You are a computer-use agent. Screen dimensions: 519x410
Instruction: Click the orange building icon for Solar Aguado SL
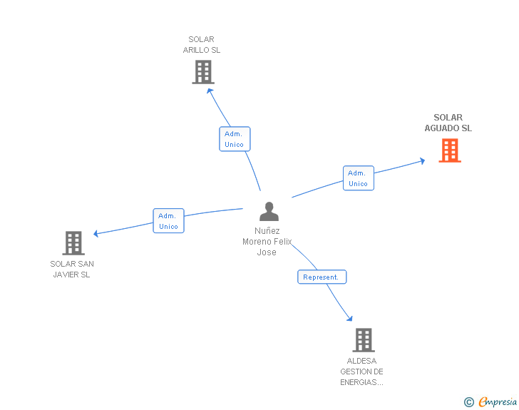point(450,150)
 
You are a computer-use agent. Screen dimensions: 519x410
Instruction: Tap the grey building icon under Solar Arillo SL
point(203,72)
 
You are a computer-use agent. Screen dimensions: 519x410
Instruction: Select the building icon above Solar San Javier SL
point(73,242)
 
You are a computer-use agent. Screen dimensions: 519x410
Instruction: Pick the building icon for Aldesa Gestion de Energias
point(364,340)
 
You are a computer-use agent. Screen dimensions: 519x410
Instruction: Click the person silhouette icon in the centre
point(269,211)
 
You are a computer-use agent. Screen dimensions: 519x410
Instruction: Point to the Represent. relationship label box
point(322,277)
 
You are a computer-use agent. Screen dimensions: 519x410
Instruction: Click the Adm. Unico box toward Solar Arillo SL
point(235,139)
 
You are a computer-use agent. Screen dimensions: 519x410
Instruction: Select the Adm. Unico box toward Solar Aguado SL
point(359,178)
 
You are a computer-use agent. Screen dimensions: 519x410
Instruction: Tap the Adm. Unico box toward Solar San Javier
point(168,220)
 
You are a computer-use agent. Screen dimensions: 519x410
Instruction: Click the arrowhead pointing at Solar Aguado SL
point(422,161)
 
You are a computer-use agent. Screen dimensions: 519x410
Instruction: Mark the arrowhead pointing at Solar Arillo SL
point(210,91)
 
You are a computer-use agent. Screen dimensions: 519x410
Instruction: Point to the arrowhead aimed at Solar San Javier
point(96,233)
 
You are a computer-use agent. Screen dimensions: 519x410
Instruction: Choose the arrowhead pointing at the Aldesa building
point(350,319)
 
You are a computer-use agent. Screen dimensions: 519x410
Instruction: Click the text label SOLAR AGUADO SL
point(448,123)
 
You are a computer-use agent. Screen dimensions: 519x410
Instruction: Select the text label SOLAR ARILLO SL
point(202,44)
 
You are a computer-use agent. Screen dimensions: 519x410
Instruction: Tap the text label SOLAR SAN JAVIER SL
point(72,269)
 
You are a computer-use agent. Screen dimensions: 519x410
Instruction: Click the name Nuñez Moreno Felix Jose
point(267,242)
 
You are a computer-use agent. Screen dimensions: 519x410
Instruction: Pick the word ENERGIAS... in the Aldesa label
point(361,382)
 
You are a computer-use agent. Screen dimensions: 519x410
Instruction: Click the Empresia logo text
point(498,401)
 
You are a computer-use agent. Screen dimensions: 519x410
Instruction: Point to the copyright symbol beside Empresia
point(469,402)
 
